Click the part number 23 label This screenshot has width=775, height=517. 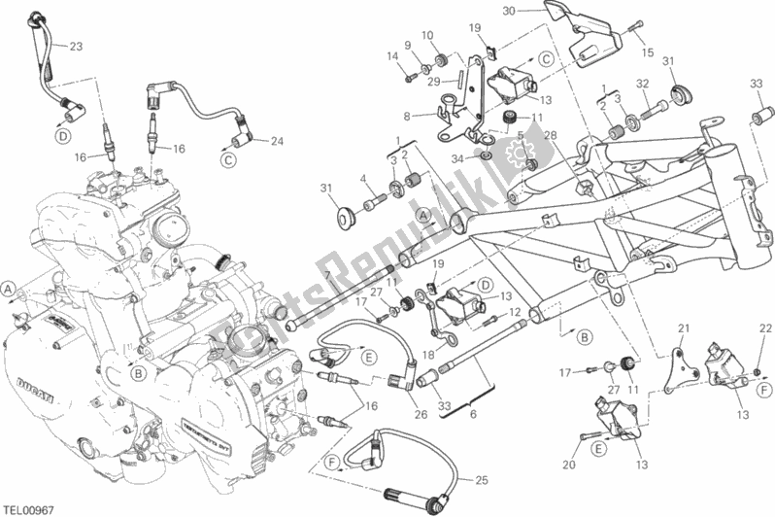coord(77,47)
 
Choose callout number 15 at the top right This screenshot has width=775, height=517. coord(649,51)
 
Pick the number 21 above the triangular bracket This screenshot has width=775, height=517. coord(682,327)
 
